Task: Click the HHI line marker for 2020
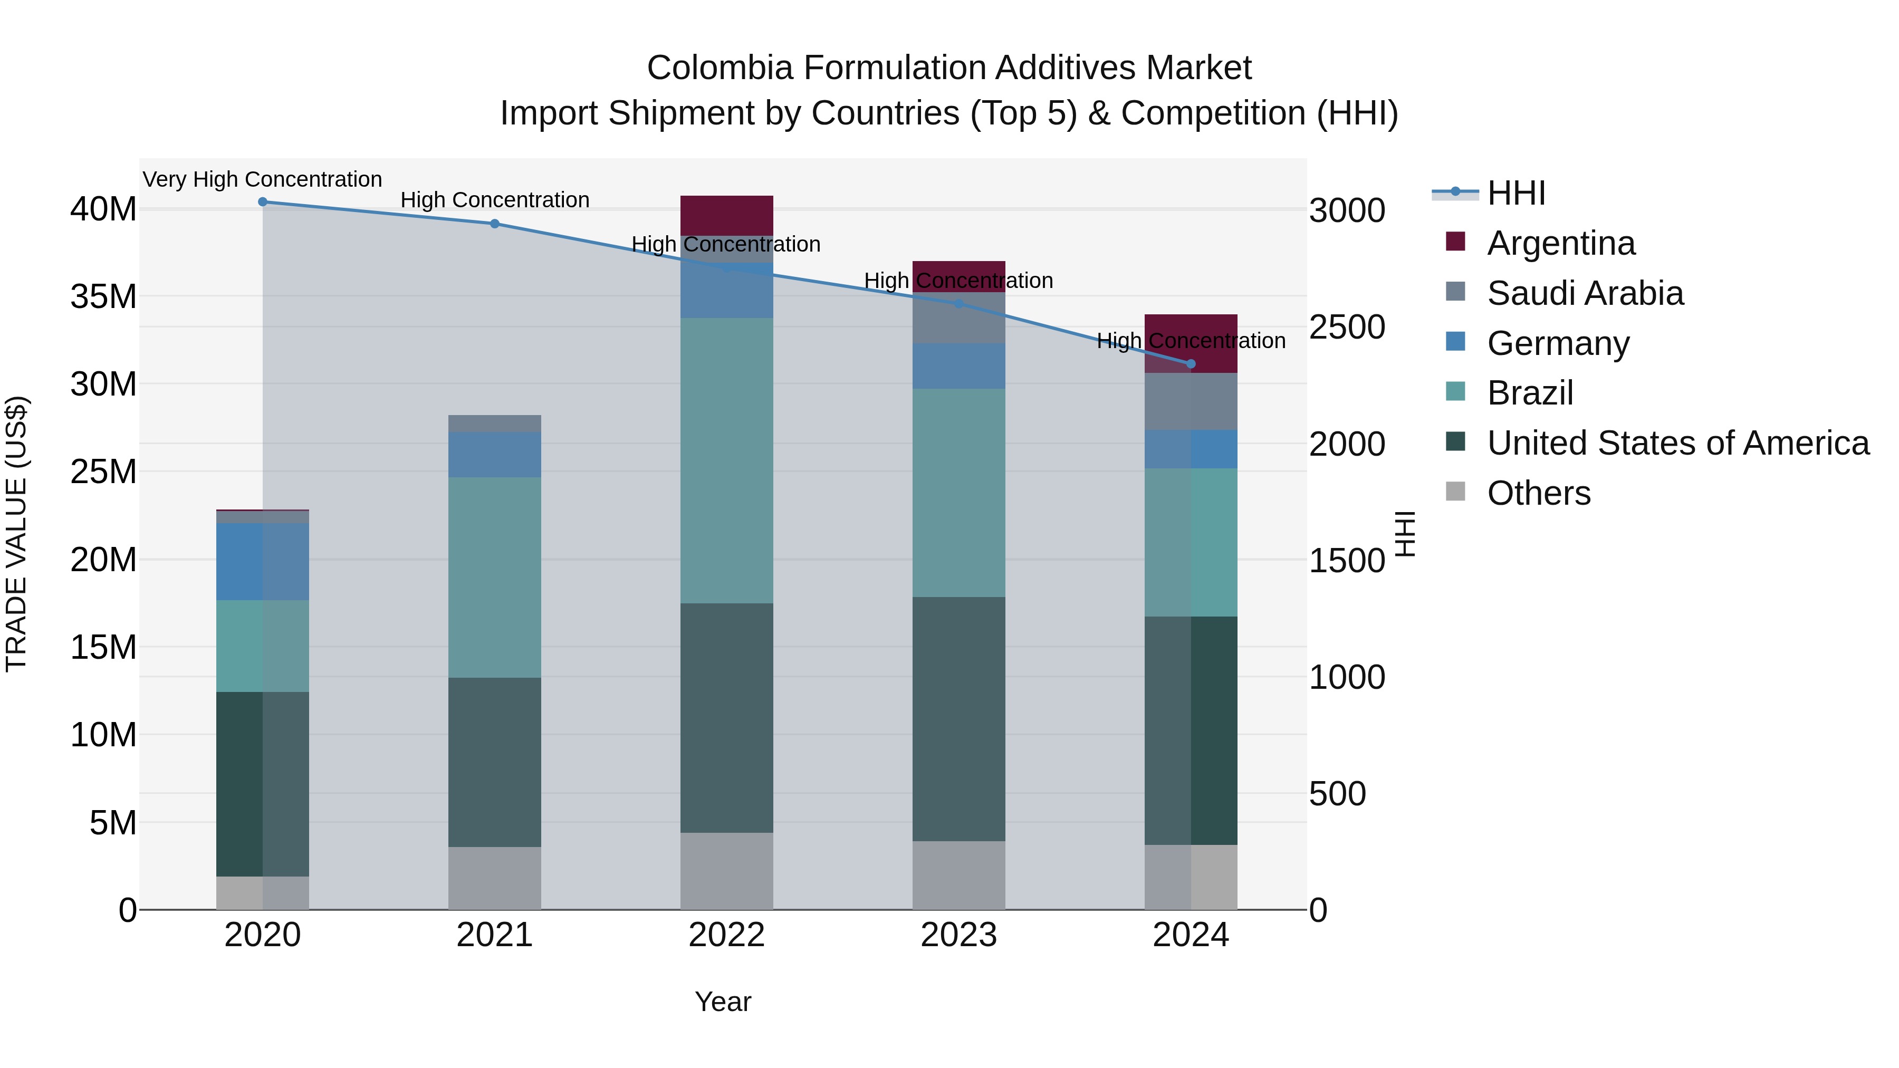tap(263, 202)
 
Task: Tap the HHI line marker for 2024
tap(1191, 364)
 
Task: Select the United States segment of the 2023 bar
tap(958, 719)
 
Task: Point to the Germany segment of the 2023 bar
tap(958, 367)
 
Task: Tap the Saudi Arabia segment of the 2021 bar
tap(495, 424)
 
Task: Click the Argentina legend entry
tap(1561, 243)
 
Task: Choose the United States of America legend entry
tap(1677, 443)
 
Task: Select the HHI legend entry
tap(1516, 193)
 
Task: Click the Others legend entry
tap(1539, 493)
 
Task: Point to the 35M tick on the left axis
tap(103, 297)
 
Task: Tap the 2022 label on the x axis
tap(726, 935)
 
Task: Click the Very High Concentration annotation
tap(263, 180)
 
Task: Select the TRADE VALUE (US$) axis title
tap(16, 534)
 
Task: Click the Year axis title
tap(723, 1002)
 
